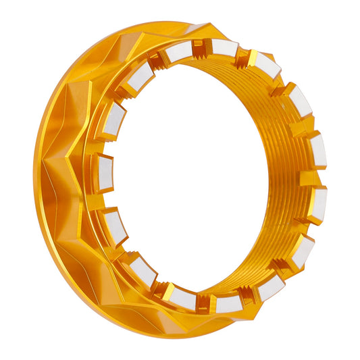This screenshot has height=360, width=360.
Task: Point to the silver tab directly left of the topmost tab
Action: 180,52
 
